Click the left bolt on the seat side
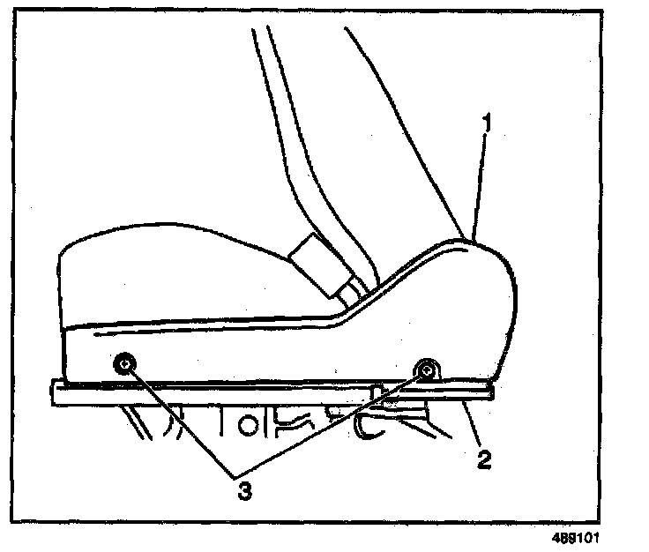pyautogui.click(x=125, y=363)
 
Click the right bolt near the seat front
pyautogui.click(x=427, y=370)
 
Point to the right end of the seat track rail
pyautogui.click(x=489, y=393)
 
